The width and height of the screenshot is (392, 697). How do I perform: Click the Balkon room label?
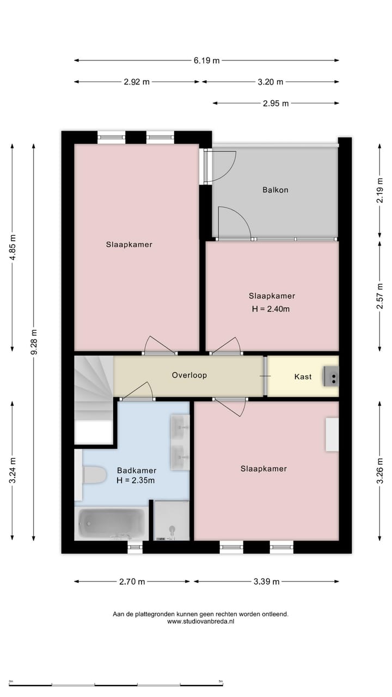pos(275,190)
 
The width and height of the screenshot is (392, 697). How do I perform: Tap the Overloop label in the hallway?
pos(189,375)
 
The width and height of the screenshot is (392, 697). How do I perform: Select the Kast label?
pos(303,376)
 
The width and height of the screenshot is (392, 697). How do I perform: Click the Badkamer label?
pos(136,470)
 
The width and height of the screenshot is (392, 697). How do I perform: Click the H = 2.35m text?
pos(136,480)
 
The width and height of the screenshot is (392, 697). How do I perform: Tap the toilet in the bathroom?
pos(93,475)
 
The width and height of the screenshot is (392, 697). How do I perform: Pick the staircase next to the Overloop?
pos(93,388)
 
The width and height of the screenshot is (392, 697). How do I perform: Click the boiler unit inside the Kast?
pos(330,376)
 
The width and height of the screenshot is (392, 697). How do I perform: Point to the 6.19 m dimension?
pos(206,60)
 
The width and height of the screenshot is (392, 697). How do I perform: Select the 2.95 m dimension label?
pos(275,103)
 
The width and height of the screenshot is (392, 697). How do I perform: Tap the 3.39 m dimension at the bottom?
pos(266,582)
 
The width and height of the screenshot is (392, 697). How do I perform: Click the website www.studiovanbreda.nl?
pos(200,621)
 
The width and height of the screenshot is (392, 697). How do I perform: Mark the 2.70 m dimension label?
pos(132,582)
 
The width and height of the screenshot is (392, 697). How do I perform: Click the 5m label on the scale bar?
pos(220,681)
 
